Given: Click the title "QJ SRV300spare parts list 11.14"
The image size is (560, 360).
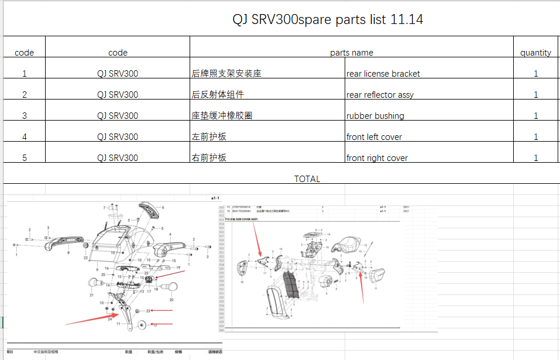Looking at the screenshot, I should point(327,20).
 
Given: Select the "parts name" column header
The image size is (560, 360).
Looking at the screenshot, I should point(351,53).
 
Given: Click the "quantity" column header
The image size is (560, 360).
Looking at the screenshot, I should point(535,53).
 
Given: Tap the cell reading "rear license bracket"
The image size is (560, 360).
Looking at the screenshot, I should point(383,74).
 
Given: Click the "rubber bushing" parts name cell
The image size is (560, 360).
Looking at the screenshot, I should point(375,116).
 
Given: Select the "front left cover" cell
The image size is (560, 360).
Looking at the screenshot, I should point(374,137).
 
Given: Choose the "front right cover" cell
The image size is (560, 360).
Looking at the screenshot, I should point(377,158).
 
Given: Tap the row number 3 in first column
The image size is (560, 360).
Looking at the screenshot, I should point(24,116).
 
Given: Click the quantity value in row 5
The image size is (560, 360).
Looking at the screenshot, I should point(535,158).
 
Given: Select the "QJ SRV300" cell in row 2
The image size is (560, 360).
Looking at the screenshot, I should point(118,95).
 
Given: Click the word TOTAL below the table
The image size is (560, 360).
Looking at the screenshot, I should point(307,179).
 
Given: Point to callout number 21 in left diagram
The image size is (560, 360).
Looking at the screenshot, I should point(92,296).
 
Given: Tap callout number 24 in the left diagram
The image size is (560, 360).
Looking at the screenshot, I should point(110,319).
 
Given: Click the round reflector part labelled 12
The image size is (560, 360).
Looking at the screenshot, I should point(142,325).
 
